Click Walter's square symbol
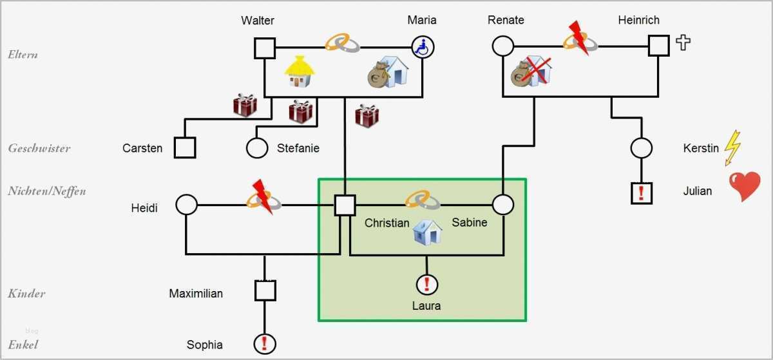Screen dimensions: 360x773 (265, 48)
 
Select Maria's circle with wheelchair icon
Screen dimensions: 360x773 (423, 47)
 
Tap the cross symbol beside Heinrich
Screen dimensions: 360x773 (683, 43)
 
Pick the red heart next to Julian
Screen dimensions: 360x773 (745, 187)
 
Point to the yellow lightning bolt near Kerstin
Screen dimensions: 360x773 (732, 148)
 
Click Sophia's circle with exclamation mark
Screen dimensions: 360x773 (265, 344)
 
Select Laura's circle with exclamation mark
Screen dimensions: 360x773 (426, 284)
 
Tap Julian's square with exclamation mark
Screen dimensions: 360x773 (642, 193)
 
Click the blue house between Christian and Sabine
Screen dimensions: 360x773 (427, 232)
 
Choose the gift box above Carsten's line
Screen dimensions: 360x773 (245, 105)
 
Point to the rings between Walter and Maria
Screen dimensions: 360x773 (343, 43)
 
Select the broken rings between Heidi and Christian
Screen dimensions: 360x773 (264, 199)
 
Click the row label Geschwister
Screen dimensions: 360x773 (39, 148)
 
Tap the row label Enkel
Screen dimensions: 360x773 (23, 345)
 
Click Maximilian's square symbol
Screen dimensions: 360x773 (265, 290)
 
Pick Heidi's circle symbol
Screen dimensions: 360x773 (186, 205)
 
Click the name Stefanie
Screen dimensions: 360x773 (298, 148)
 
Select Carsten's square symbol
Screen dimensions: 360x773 (185, 147)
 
